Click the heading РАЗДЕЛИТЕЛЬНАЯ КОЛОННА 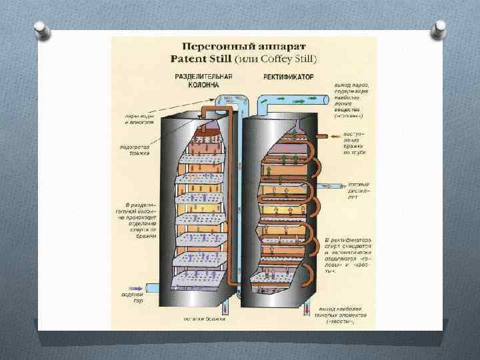click(x=203, y=81)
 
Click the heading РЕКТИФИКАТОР click(x=287, y=77)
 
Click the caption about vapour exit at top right click(x=353, y=101)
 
